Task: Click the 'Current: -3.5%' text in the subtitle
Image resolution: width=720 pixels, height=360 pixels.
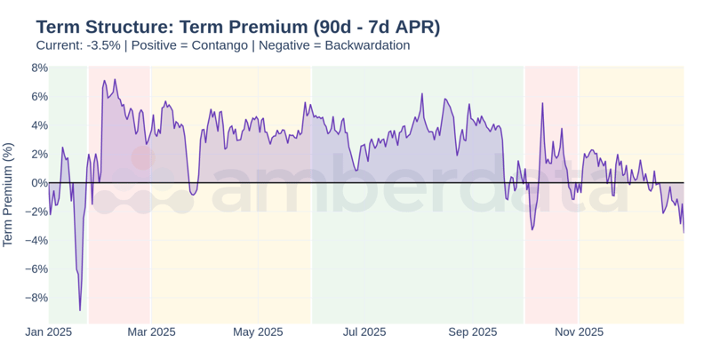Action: tap(78, 45)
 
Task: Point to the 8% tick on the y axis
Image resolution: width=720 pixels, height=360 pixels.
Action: tap(39, 68)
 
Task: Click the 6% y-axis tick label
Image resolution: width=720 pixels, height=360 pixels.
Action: tap(39, 96)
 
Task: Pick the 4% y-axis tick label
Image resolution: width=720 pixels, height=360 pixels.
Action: tap(39, 125)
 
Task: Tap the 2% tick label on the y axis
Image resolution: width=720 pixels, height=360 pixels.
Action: tap(39, 154)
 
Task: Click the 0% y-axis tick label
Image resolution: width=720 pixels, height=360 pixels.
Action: tap(39, 183)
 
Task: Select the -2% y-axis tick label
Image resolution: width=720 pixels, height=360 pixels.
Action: tap(36, 212)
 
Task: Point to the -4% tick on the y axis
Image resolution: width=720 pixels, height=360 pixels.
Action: tap(36, 240)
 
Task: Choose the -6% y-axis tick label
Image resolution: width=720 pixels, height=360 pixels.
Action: tap(36, 269)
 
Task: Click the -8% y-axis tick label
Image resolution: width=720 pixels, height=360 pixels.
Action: tap(36, 298)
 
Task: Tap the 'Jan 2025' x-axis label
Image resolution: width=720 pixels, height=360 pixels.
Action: tap(48, 332)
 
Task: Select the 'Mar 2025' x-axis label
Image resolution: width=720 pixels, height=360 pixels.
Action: tap(151, 332)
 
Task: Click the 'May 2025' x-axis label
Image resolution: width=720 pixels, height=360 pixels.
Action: tap(258, 332)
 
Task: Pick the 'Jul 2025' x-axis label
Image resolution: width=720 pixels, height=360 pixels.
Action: tap(364, 332)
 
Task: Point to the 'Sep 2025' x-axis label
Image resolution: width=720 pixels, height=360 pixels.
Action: tap(472, 332)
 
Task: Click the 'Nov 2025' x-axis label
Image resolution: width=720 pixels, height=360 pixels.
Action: tap(579, 332)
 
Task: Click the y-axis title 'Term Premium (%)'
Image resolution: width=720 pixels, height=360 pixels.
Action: tap(9, 194)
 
